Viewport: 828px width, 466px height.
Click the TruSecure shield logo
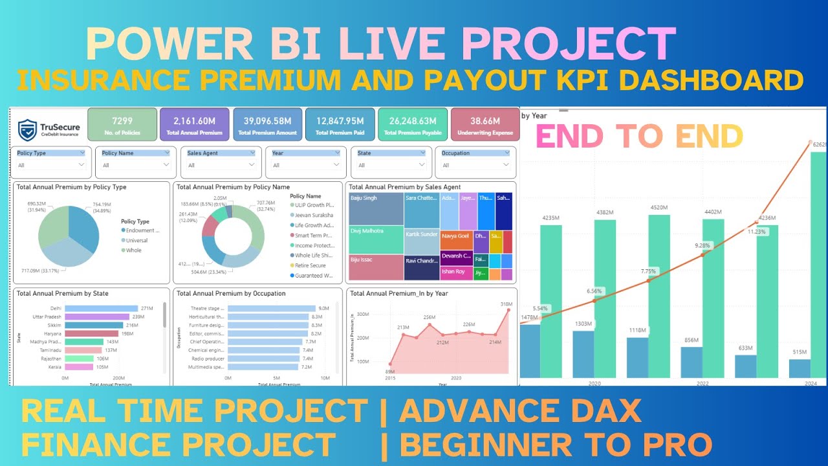(x=27, y=129)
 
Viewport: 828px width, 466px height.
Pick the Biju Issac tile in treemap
(x=376, y=267)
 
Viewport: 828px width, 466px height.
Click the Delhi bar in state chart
(x=102, y=308)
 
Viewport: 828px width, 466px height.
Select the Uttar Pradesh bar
(x=97, y=316)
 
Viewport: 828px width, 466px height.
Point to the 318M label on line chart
(x=506, y=304)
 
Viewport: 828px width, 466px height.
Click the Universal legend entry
(x=136, y=240)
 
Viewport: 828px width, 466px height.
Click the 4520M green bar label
(x=659, y=208)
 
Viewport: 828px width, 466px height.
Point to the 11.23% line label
(x=756, y=231)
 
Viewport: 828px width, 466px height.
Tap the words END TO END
(x=639, y=137)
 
